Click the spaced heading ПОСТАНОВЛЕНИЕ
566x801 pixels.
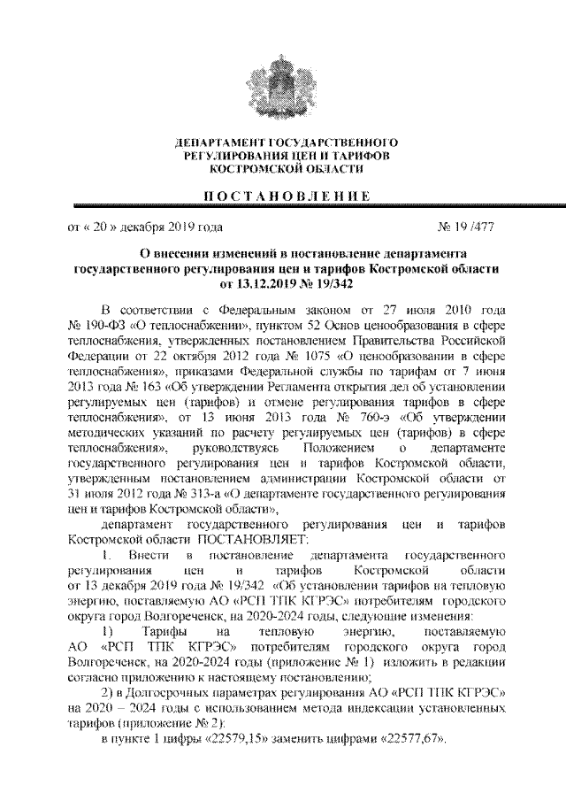pos(283,195)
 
